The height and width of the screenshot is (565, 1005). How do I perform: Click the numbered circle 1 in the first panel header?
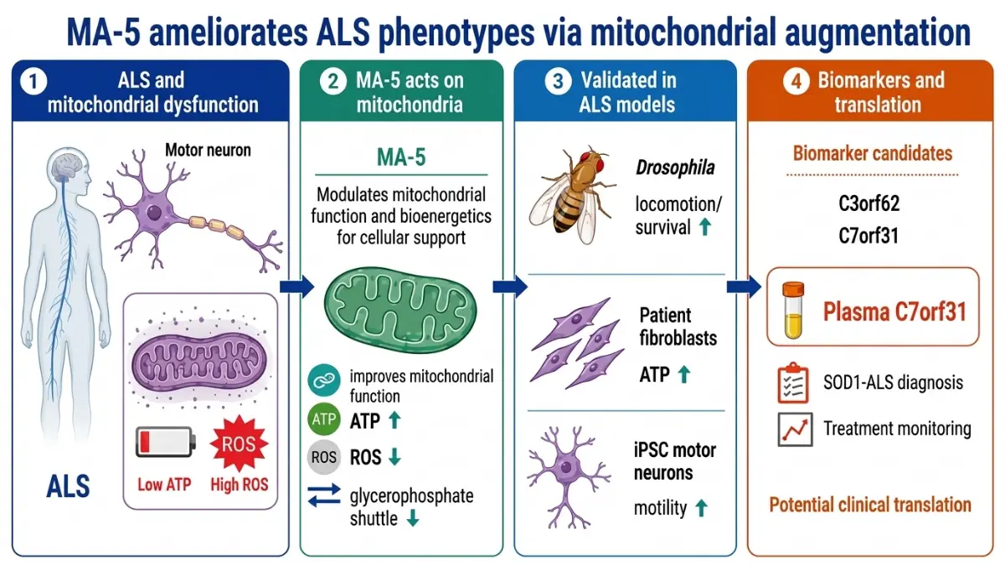click(x=33, y=82)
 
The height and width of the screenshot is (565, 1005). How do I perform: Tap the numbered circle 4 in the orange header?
click(x=796, y=82)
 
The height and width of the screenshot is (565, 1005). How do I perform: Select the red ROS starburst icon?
click(x=239, y=444)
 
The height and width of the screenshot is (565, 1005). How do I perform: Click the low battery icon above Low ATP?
click(x=166, y=442)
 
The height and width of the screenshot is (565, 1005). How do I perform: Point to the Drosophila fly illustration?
click(x=573, y=195)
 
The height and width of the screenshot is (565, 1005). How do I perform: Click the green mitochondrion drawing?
click(x=400, y=310)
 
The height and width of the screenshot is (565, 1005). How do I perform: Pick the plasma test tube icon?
click(x=793, y=310)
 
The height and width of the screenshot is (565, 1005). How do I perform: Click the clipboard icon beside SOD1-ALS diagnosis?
click(x=793, y=383)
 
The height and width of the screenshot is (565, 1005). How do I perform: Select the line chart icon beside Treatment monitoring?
click(x=795, y=429)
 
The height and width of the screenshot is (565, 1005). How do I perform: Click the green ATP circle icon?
click(x=324, y=419)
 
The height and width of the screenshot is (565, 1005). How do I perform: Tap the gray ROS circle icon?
click(x=324, y=458)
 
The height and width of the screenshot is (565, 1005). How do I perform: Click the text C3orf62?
click(x=869, y=203)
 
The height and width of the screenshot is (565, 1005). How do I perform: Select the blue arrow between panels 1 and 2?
click(x=297, y=287)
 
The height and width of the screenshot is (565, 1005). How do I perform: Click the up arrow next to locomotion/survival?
click(x=705, y=227)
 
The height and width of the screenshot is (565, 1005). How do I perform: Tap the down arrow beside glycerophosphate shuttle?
click(x=413, y=518)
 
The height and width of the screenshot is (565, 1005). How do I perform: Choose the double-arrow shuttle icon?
click(x=324, y=496)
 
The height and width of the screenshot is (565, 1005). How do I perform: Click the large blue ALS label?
click(x=68, y=486)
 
